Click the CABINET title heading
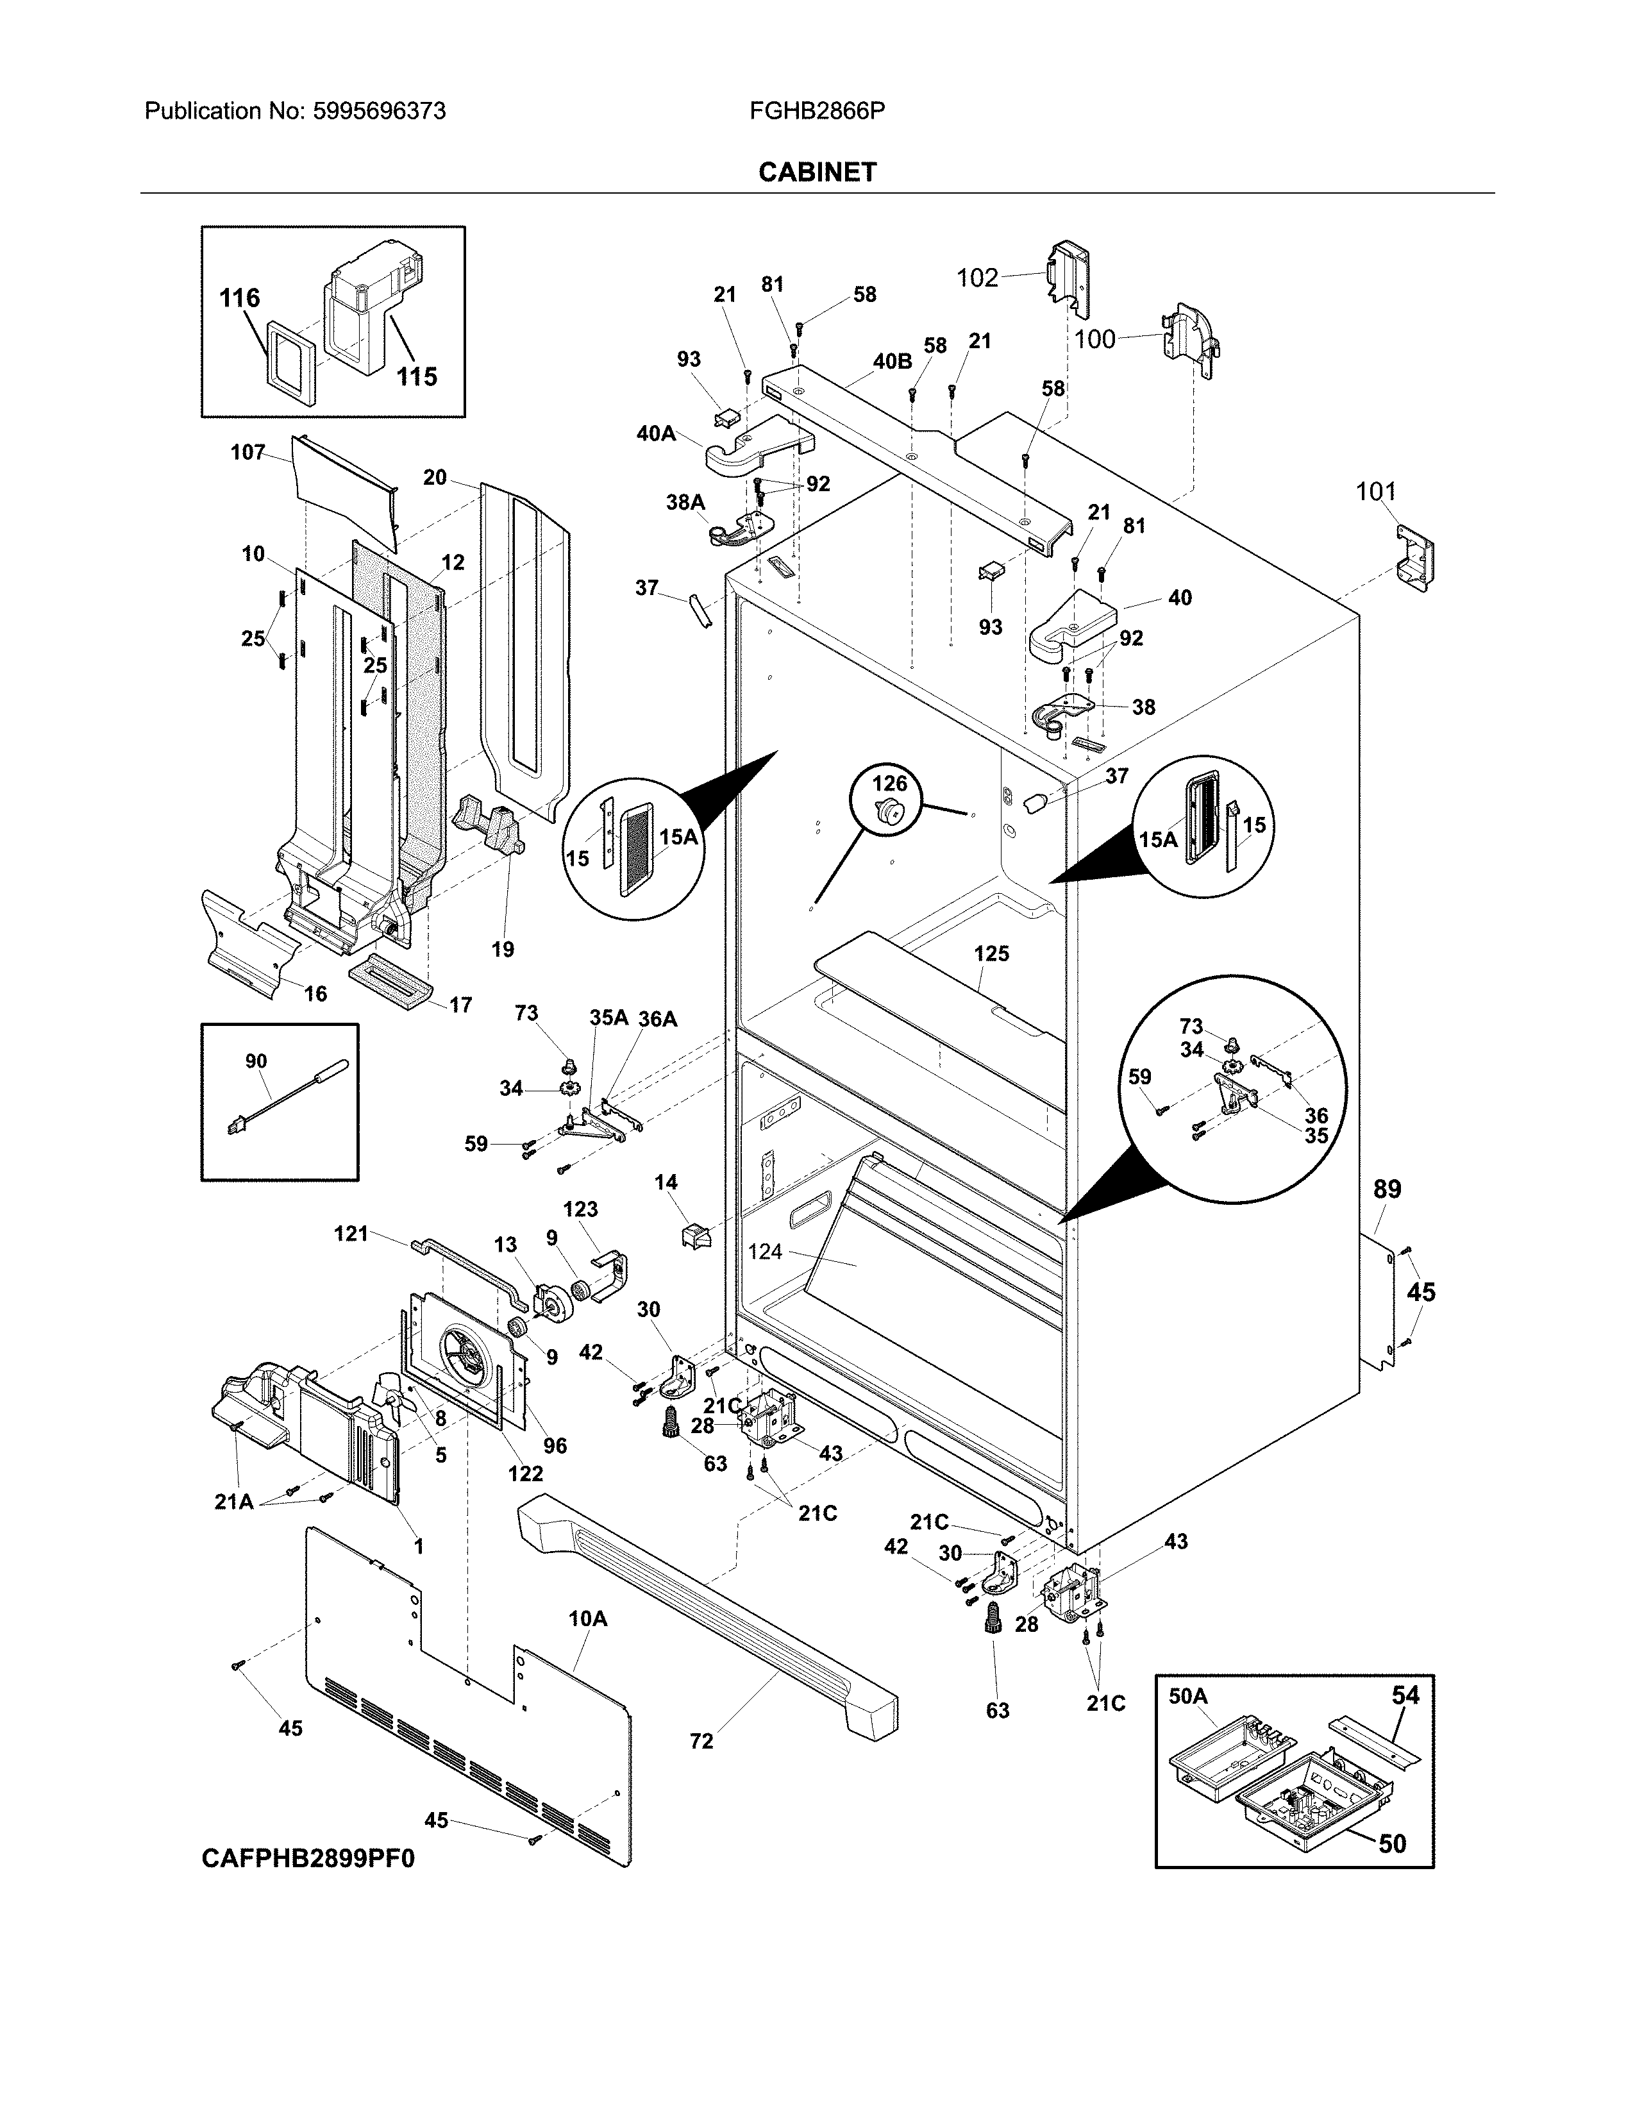pyautogui.click(x=816, y=172)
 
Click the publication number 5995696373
pyautogui.click(x=379, y=112)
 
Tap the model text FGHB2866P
pyautogui.click(x=816, y=112)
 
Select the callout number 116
pyautogui.click(x=239, y=298)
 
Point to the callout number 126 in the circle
pyautogui.click(x=890, y=783)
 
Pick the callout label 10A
pyautogui.click(x=587, y=1618)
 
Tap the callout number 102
pyautogui.click(x=977, y=278)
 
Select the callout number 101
pyautogui.click(x=1375, y=492)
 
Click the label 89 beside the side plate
pyautogui.click(x=1387, y=1189)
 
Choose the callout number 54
pyautogui.click(x=1405, y=1695)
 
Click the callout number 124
pyautogui.click(x=764, y=1252)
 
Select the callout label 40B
pyautogui.click(x=892, y=362)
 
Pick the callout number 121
pyautogui.click(x=351, y=1233)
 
